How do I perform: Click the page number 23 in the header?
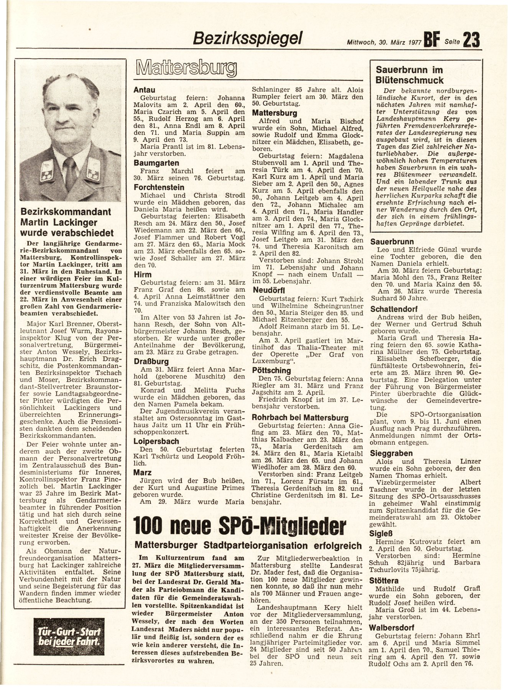472,40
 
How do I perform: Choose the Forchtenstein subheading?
159,187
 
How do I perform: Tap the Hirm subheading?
143,274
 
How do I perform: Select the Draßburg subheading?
150,361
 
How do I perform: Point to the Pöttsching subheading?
271,371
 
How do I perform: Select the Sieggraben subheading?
391,453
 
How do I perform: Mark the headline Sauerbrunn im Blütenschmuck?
410,75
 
